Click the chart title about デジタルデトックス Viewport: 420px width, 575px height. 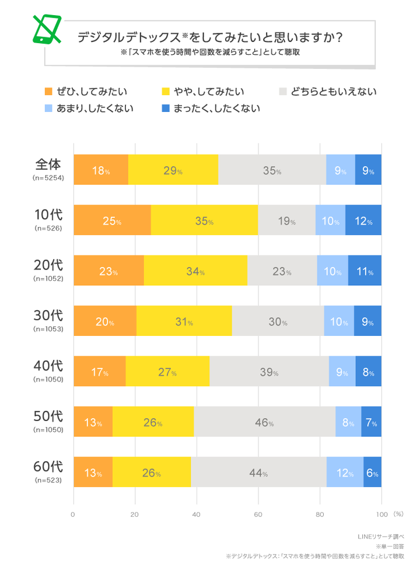(209, 37)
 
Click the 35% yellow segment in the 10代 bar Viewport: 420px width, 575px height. (204, 221)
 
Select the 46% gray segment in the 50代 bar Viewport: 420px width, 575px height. (264, 422)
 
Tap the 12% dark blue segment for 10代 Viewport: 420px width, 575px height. (363, 221)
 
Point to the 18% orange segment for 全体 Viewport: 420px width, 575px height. (101, 170)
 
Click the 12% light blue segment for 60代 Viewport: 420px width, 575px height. (345, 472)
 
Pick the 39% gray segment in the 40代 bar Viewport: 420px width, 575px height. (269, 372)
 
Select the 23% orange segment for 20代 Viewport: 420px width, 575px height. (108, 271)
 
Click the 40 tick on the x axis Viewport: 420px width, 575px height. (197, 515)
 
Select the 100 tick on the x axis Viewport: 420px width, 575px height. (381, 515)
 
